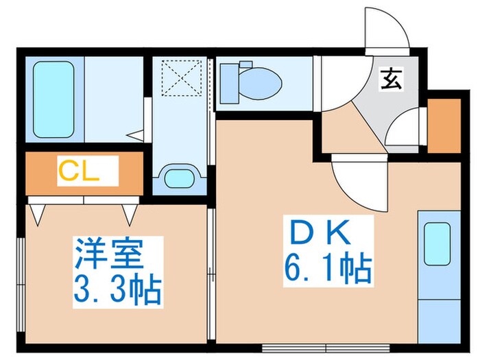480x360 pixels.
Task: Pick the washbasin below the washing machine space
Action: (x=179, y=178)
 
